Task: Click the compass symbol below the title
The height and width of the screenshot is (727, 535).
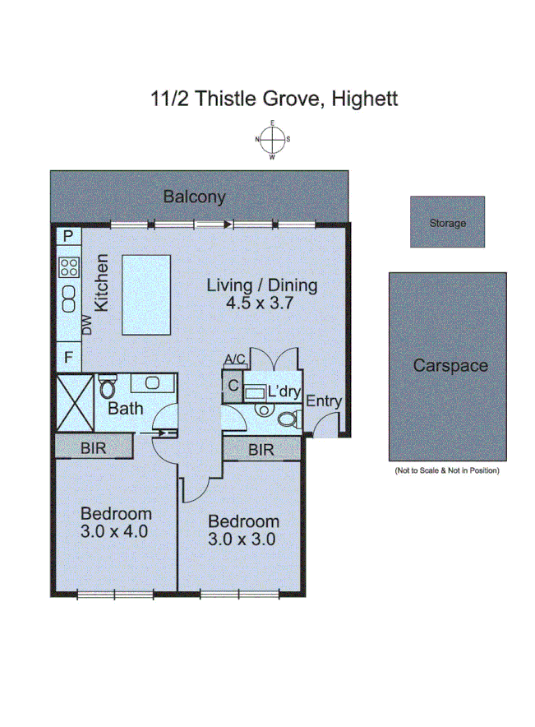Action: tap(273, 139)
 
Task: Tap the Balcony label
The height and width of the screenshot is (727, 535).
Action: tap(194, 197)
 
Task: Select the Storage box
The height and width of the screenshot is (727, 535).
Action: tap(447, 222)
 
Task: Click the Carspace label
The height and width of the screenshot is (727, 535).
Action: tap(450, 366)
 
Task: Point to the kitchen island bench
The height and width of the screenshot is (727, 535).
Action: tap(147, 294)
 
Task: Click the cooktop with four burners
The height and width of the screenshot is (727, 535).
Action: tap(68, 266)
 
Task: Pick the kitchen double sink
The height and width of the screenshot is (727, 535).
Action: tap(68, 299)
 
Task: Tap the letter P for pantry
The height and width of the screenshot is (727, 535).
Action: tap(68, 236)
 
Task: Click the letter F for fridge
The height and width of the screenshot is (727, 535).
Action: tap(68, 358)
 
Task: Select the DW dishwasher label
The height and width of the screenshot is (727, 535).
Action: tap(87, 326)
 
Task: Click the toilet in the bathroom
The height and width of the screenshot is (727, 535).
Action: tap(108, 385)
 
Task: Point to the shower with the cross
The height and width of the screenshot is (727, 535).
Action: tap(75, 401)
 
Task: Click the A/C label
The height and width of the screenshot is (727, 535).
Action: tap(235, 359)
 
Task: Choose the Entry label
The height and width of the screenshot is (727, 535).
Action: tap(323, 401)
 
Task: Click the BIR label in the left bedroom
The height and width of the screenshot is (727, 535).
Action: tap(93, 447)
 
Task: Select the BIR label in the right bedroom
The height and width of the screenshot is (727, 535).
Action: tap(261, 450)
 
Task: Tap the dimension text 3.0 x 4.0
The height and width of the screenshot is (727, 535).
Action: tap(114, 531)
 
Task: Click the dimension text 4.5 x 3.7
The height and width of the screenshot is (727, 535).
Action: tap(261, 303)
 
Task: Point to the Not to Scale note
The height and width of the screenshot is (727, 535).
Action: tap(446, 470)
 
